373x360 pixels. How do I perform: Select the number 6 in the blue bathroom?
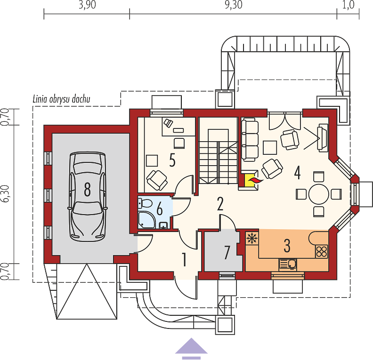pyautogui.click(x=159, y=209)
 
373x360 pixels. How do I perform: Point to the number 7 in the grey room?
pyautogui.click(x=227, y=252)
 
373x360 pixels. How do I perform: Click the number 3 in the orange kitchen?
pyautogui.click(x=287, y=246)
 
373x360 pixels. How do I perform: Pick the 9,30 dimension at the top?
pyautogui.click(x=234, y=5)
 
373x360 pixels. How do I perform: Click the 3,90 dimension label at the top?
pyautogui.click(x=87, y=5)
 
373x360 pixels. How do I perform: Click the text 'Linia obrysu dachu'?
pyautogui.click(x=62, y=99)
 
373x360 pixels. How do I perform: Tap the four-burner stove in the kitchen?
pyautogui.click(x=322, y=251)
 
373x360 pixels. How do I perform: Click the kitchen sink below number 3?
pyautogui.click(x=288, y=264)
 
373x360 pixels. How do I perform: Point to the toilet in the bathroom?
pyautogui.click(x=145, y=203)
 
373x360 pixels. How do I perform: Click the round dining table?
pyautogui.click(x=318, y=194)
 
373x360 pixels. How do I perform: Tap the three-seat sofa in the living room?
pyautogui.click(x=250, y=140)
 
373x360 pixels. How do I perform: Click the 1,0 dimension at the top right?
pyautogui.click(x=349, y=5)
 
